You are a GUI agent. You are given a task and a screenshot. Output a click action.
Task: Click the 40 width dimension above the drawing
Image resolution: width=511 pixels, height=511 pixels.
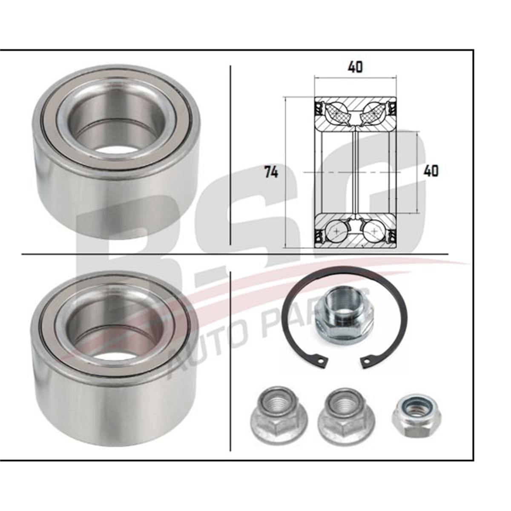[x=355, y=67]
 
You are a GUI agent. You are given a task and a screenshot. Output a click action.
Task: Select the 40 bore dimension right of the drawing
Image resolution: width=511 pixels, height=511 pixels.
[x=431, y=171]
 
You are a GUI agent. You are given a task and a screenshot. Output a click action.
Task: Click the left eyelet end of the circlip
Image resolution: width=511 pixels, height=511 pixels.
[x=322, y=362]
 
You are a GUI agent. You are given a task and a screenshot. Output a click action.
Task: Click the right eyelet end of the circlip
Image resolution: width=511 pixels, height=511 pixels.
[x=367, y=362]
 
